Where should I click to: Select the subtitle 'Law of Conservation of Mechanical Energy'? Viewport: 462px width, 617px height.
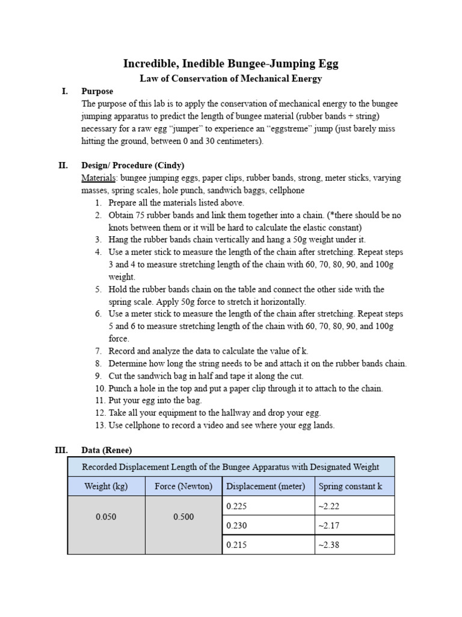point(231,78)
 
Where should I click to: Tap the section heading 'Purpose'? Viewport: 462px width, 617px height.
point(97,92)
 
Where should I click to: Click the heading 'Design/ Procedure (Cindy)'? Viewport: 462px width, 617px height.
point(133,166)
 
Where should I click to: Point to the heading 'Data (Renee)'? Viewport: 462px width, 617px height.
point(106,450)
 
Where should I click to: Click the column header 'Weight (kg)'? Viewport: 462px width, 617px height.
point(106,486)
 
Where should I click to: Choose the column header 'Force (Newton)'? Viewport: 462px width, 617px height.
point(183,486)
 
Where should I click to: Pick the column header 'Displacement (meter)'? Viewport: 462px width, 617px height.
point(266,486)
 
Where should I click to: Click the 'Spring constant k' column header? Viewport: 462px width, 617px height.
point(351,486)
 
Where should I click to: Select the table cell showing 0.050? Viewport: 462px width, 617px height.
point(106,517)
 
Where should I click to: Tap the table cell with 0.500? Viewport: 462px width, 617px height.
point(183,517)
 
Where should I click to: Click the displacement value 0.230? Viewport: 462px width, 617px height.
point(236,525)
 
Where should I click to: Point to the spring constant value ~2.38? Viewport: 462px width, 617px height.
point(330,545)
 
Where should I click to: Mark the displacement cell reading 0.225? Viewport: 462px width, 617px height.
point(236,506)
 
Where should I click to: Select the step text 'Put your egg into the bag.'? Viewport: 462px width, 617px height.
point(155,401)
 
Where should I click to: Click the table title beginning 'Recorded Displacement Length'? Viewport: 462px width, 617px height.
point(230,467)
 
